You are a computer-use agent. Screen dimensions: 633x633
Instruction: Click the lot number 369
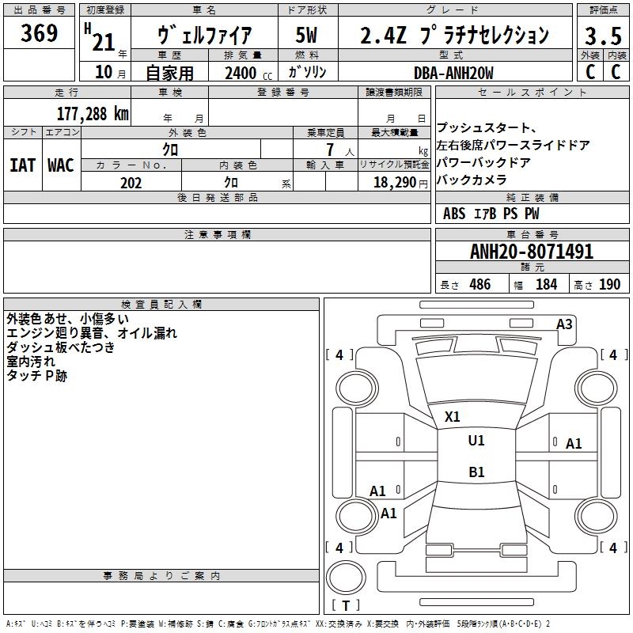(39, 33)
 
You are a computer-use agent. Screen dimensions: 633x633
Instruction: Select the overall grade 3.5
(603, 36)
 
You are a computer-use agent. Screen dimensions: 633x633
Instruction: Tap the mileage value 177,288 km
(93, 114)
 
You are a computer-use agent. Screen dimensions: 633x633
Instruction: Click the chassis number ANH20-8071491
(532, 252)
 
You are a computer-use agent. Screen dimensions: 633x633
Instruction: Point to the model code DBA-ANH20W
(453, 73)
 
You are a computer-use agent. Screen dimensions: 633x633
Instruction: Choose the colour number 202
(131, 183)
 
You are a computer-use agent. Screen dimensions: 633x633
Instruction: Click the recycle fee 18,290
(395, 183)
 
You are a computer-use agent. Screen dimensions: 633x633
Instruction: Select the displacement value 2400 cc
(248, 73)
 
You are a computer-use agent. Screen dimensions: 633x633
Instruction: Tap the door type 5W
(306, 35)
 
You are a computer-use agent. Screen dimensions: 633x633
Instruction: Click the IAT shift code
(23, 165)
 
